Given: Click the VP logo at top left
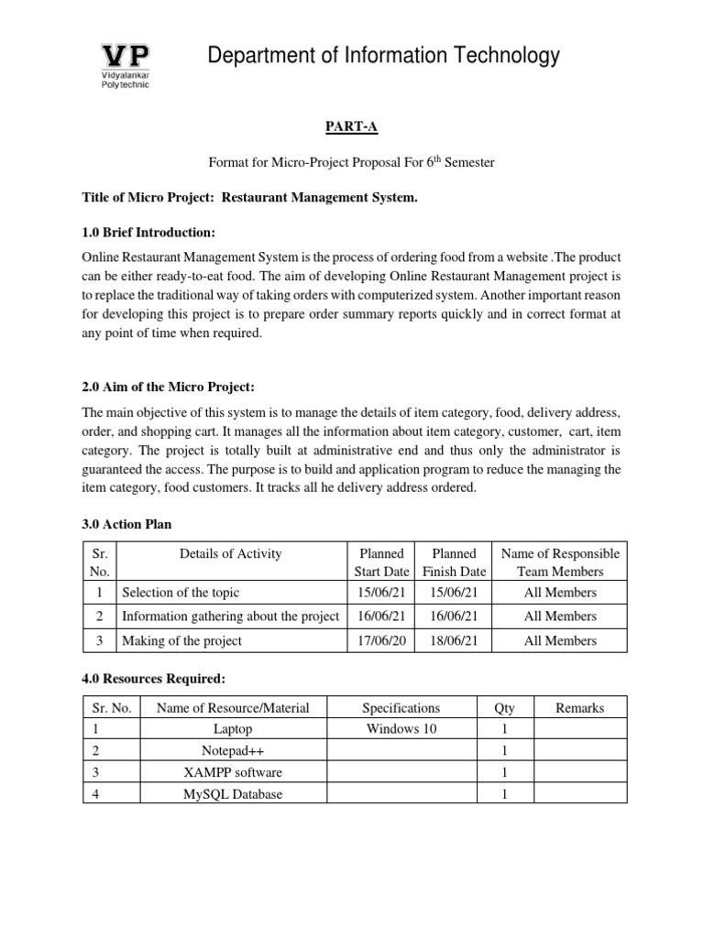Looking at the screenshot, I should [124, 64].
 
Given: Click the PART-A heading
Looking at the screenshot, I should [352, 131].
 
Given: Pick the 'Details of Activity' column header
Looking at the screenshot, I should [231, 553].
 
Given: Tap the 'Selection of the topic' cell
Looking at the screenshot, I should [181, 593].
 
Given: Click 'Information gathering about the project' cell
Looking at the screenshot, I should [231, 616].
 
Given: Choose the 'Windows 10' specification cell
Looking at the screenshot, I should [401, 729].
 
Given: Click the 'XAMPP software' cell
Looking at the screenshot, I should [233, 772].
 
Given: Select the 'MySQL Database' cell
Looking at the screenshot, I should [233, 794].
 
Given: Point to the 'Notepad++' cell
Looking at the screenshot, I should [233, 751].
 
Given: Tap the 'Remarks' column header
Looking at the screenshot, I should [579, 707].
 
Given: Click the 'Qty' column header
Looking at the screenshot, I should [504, 707].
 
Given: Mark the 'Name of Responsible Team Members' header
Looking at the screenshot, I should [559, 562].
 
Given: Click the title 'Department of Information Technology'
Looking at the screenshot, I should [382, 57].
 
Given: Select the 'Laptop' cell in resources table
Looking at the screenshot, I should [233, 729].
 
